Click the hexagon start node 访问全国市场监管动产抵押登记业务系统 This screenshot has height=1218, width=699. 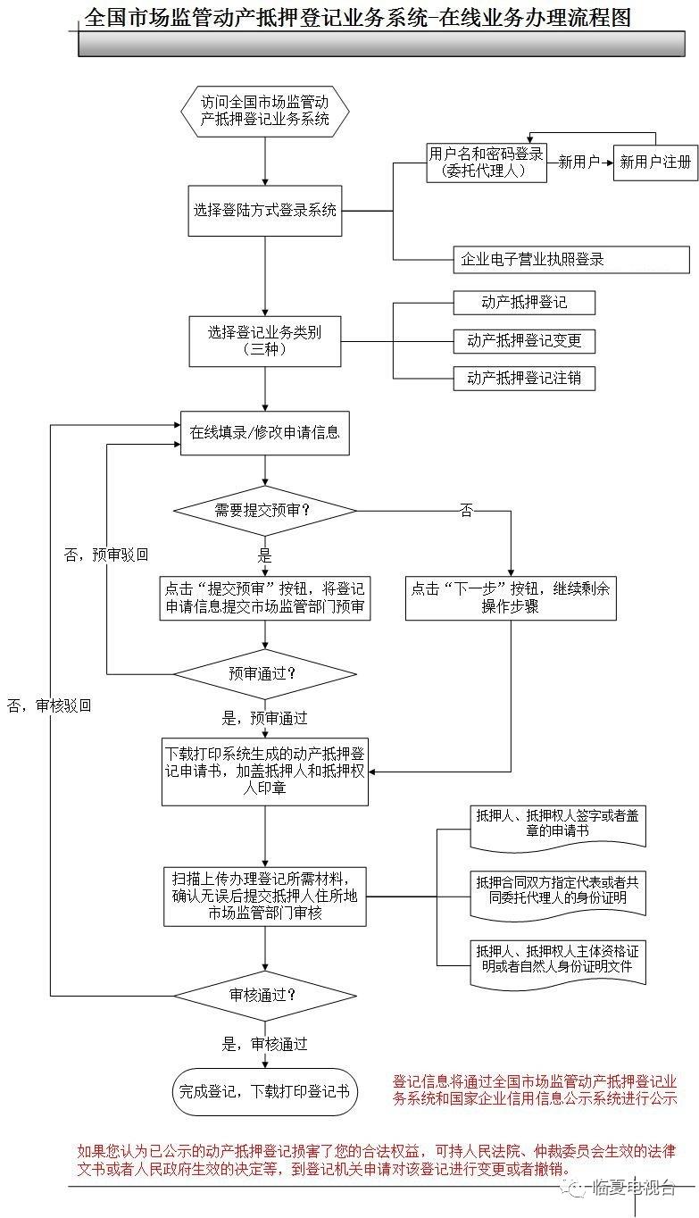[265, 111]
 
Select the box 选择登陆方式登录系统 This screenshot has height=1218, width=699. [265, 211]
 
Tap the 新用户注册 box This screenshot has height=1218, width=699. [655, 163]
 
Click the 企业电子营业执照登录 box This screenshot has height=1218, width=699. [571, 260]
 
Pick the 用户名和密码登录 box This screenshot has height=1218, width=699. [486, 163]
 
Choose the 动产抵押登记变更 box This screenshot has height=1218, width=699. [524, 340]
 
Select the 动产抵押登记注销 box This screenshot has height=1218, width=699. [524, 378]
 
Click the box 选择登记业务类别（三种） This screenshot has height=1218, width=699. [265, 341]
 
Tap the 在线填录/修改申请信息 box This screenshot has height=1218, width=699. [265, 432]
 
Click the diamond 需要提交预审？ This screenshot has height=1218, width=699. [265, 511]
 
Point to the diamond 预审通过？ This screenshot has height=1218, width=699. [265, 672]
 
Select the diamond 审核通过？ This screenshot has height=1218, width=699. [265, 995]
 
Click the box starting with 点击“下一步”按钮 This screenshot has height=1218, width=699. [511, 598]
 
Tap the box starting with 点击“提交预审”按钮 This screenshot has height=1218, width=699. [265, 598]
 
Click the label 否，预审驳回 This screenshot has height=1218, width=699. [106, 555]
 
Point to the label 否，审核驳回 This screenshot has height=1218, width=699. [49, 705]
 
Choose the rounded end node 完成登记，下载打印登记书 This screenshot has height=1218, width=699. [265, 1091]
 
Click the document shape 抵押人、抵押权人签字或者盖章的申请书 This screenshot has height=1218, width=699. [558, 824]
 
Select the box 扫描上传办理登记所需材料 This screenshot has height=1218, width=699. [265, 895]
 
